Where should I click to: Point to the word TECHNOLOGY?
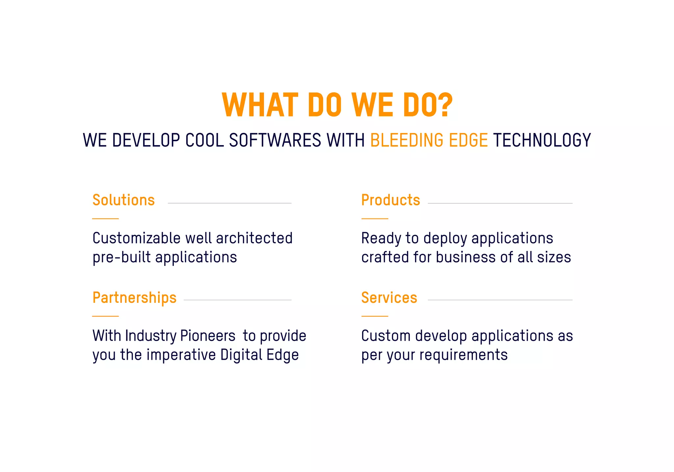pyautogui.click(x=542, y=140)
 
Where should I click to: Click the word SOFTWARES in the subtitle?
pyautogui.click(x=275, y=140)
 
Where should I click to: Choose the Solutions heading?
pyautogui.click(x=123, y=200)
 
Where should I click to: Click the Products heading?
pyautogui.click(x=390, y=200)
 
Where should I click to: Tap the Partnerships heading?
pyautogui.click(x=134, y=298)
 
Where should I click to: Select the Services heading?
pyautogui.click(x=389, y=298)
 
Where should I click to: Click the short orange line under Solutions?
pyautogui.click(x=105, y=219)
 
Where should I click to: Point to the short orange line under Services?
pyautogui.click(x=375, y=316)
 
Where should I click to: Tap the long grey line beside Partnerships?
pyautogui.click(x=237, y=300)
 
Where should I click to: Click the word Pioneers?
pyautogui.click(x=208, y=336)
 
